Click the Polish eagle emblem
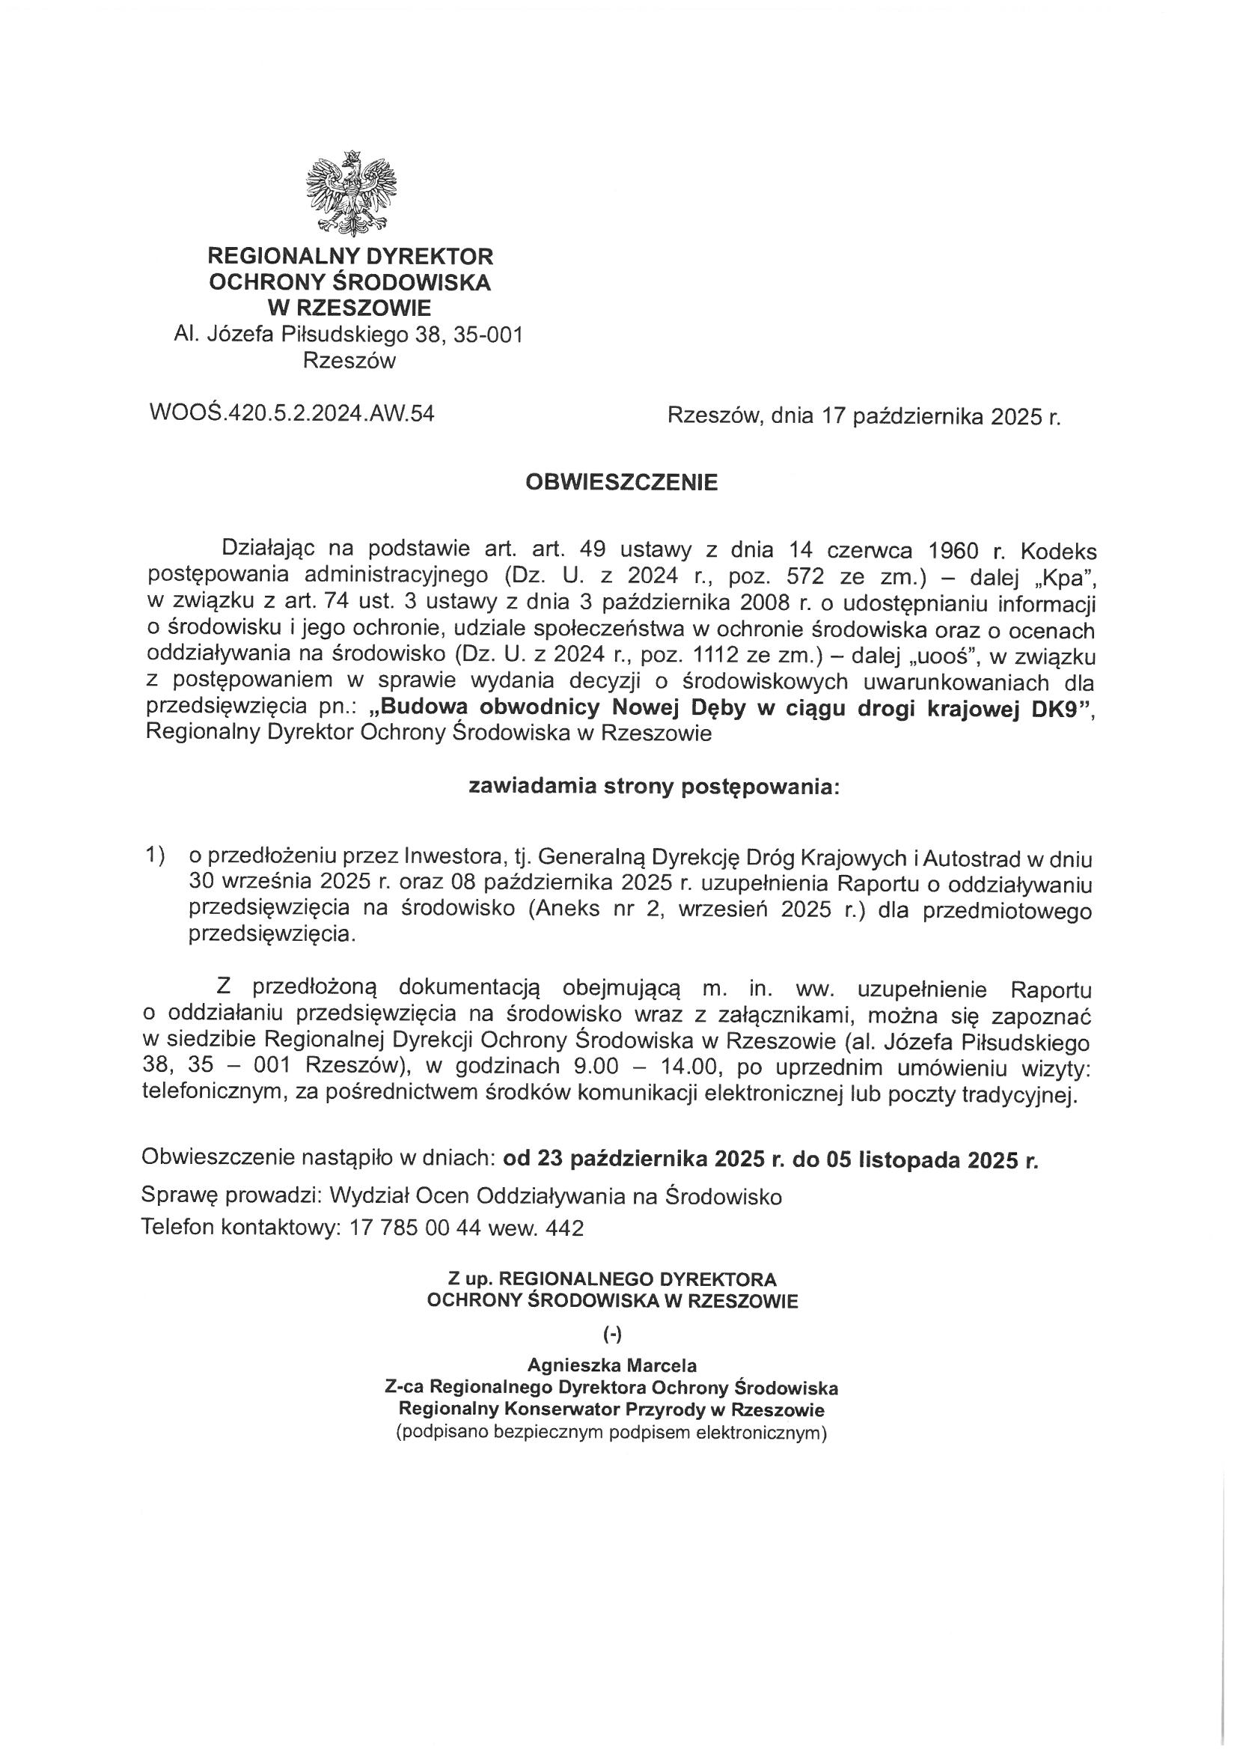click(352, 192)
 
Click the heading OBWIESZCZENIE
click(621, 484)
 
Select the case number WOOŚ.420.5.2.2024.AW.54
click(293, 414)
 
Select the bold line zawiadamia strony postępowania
click(654, 787)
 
